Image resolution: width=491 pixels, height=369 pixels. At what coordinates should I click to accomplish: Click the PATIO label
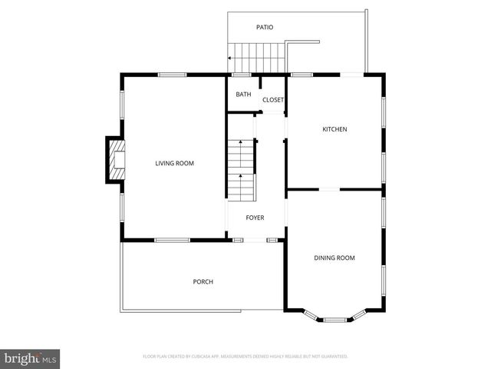tap(264, 28)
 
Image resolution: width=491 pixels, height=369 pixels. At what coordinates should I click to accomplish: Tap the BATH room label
tap(243, 95)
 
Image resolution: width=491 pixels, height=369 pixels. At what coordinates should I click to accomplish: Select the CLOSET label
tap(273, 100)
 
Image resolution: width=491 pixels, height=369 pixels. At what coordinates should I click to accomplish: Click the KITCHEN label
tap(334, 129)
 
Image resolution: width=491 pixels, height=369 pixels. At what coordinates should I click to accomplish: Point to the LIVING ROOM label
tap(174, 163)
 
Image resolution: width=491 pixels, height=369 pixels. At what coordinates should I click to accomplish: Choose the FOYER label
tap(255, 218)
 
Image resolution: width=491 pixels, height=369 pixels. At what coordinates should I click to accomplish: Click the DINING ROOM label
tap(334, 258)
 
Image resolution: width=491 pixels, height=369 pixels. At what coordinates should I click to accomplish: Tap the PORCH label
tap(203, 282)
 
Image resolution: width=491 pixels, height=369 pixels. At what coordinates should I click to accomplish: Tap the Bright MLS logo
tap(31, 358)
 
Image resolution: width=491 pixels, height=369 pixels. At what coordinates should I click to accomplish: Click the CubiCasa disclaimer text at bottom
tap(245, 357)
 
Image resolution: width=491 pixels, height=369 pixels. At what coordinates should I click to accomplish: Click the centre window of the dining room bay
tap(334, 319)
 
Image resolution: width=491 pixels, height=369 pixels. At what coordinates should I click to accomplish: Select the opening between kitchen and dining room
tap(330, 189)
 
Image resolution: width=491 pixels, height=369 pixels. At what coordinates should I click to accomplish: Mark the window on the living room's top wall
tap(172, 75)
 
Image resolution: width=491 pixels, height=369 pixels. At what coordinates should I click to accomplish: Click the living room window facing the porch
tap(172, 240)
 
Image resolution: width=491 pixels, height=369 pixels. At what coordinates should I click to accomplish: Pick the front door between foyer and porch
tap(255, 240)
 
